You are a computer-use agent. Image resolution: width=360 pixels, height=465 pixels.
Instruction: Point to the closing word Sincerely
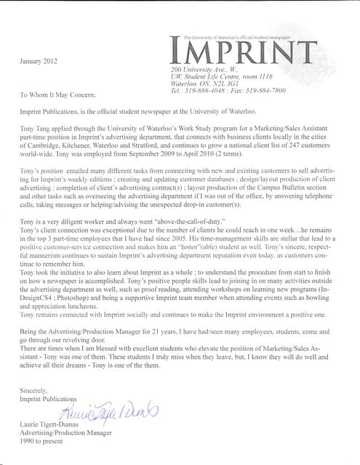click(x=36, y=391)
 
